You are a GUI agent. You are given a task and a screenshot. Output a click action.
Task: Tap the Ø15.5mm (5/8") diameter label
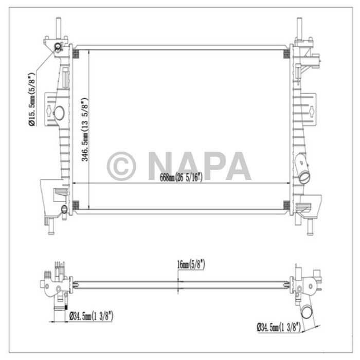point(32,100)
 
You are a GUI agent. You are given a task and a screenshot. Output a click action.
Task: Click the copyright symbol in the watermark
point(121,166)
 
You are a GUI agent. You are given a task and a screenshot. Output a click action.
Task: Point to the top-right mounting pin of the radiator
point(299,27)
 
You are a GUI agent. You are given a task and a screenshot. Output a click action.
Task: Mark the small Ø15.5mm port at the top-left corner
point(57,49)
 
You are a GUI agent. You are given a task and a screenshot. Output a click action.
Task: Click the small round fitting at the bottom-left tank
point(64,209)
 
